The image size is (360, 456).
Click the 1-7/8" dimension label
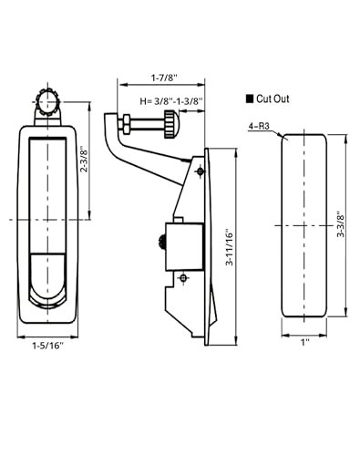[x=164, y=78]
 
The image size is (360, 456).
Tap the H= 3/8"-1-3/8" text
[x=171, y=101]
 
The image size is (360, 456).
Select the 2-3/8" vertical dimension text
[x=84, y=161]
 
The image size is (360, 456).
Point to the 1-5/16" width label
[x=48, y=346]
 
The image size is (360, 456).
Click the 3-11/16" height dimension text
[x=230, y=247]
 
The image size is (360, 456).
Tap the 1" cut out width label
[x=304, y=342]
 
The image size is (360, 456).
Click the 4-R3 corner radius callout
[x=259, y=126]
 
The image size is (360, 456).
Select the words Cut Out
[x=273, y=98]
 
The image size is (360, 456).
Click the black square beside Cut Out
[x=250, y=99]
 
